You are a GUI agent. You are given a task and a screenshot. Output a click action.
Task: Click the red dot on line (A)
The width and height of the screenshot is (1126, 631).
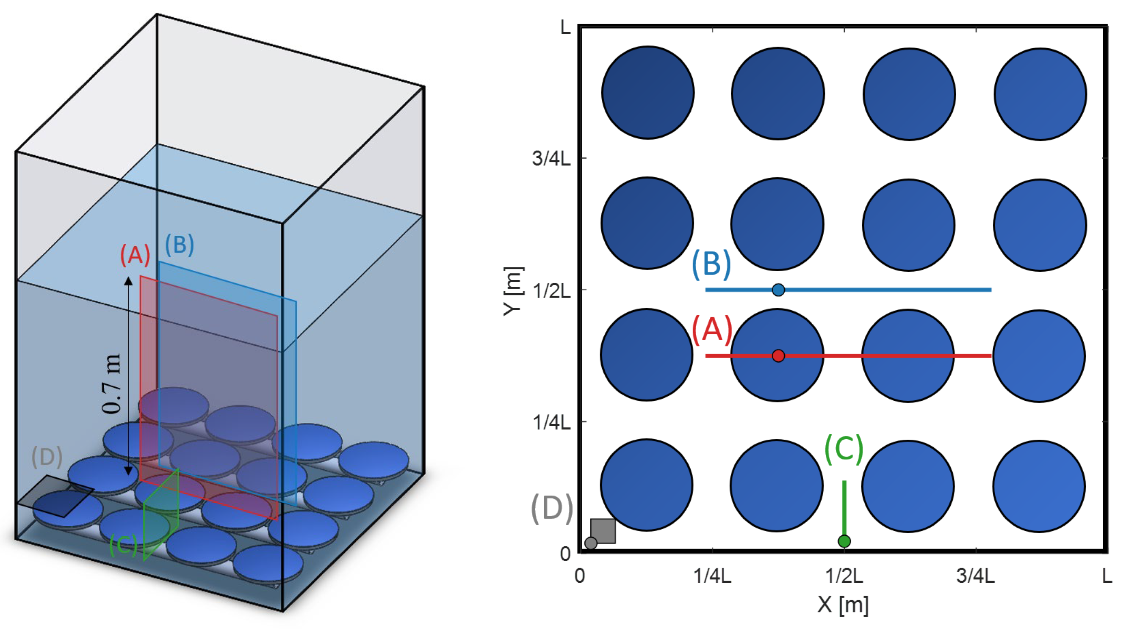coord(778,355)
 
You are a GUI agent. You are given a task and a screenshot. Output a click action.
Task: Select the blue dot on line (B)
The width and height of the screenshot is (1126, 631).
coord(778,289)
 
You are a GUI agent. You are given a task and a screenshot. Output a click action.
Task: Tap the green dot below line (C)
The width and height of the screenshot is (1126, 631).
coord(844,541)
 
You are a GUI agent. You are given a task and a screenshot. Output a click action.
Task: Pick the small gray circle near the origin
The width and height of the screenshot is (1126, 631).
coord(591,543)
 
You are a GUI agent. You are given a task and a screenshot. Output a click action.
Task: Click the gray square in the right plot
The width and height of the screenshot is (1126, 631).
coord(603,531)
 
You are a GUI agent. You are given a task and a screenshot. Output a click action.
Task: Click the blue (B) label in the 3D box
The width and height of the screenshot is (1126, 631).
coord(179,245)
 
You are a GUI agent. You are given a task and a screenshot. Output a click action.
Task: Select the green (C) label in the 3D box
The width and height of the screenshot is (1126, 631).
coord(123,545)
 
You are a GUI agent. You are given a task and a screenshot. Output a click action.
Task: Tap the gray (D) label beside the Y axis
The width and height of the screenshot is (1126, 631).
coord(551,509)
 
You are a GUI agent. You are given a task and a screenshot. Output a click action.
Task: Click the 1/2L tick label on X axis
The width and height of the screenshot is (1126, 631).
coord(844,576)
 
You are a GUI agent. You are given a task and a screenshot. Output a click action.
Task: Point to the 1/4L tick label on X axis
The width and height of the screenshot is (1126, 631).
coord(712,576)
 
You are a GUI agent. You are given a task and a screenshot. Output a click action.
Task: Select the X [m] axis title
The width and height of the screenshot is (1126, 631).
coord(843,605)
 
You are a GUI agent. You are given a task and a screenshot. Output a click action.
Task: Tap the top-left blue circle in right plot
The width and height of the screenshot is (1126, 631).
coord(647,93)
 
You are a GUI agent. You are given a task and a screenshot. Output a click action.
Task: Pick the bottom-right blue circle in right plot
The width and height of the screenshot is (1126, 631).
coord(1039,486)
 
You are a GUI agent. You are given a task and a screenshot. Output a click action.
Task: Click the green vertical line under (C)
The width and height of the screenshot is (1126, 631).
coord(844,507)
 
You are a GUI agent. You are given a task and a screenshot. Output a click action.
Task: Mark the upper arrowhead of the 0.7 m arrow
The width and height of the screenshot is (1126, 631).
coord(128,281)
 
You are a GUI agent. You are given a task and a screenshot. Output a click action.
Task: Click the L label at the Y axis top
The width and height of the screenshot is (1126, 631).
coord(565,28)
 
